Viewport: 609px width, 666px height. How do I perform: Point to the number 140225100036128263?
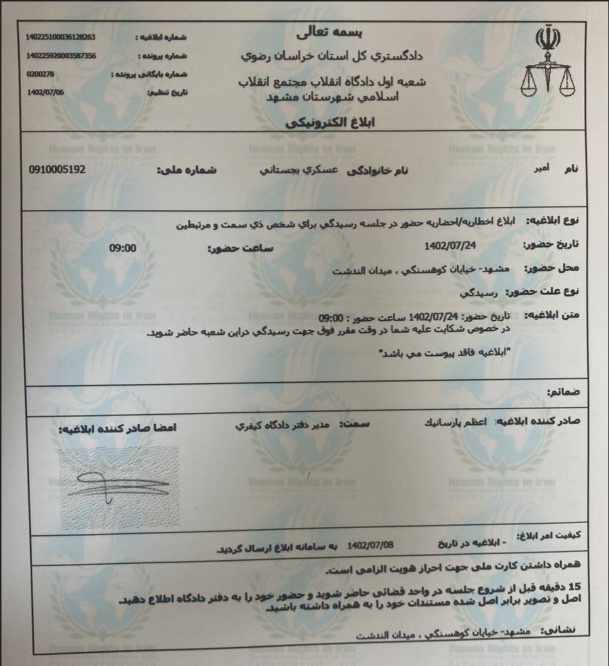(60, 36)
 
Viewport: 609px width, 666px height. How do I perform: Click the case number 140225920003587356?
(61, 56)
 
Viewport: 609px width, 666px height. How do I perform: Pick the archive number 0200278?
(40, 73)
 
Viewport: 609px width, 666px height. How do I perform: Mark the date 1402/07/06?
(45, 92)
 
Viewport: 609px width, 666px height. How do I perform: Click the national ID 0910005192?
(57, 170)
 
